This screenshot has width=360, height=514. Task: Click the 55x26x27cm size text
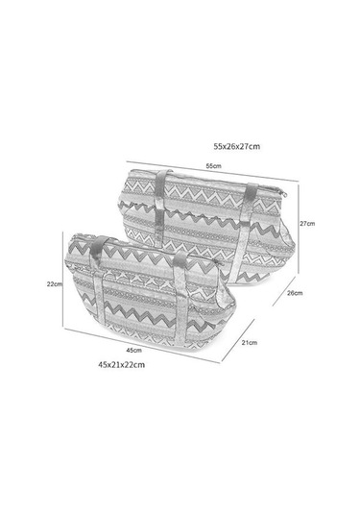[x=237, y=146]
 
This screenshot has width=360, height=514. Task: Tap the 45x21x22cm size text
[x=122, y=364]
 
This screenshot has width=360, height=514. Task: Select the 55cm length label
[x=213, y=166]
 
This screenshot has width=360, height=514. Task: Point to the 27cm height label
[x=307, y=224]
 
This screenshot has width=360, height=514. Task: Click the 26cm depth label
[x=295, y=293]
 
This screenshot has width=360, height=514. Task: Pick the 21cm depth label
[x=250, y=343]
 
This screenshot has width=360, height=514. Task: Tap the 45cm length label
[x=134, y=350]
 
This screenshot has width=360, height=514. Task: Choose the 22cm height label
[x=55, y=284]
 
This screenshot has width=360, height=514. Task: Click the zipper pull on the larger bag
[x=283, y=194]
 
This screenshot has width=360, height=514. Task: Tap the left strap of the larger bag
[x=161, y=208]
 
